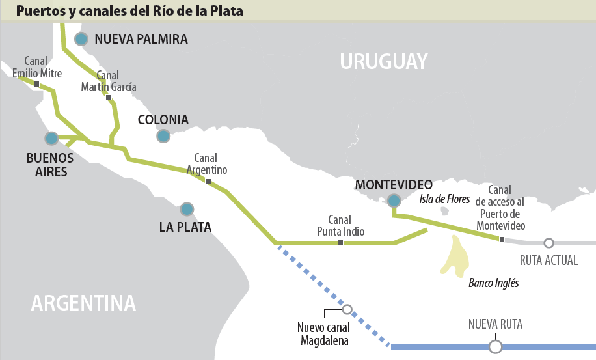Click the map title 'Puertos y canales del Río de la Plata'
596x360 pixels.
coord(130,10)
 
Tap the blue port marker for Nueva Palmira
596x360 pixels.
coord(81,39)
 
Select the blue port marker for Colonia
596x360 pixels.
coord(163,135)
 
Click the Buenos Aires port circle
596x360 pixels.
coord(51,138)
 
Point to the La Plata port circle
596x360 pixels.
coord(187,209)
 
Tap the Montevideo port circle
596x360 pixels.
coord(394,201)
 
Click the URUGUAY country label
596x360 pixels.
coord(384,61)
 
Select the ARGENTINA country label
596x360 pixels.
coord(84,303)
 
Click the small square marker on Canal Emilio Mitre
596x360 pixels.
coord(37,84)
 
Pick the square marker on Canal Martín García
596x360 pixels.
coord(109,98)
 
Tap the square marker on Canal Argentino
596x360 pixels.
coord(208,182)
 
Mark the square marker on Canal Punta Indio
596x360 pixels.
coord(340,243)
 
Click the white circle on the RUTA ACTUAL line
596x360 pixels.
coord(549,243)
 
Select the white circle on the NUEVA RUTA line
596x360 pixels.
coord(495,346)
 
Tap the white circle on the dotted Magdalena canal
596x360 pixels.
coord(347,310)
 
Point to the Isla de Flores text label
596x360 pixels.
coord(444,199)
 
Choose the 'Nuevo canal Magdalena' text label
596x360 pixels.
coord(323,335)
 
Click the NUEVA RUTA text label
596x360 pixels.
coord(495,324)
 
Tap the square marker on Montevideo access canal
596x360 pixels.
coord(502,240)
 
